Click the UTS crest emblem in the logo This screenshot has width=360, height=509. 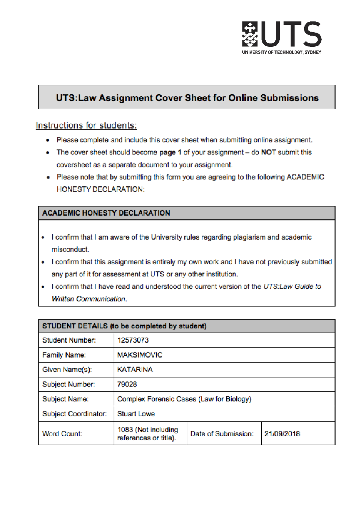coord(250,34)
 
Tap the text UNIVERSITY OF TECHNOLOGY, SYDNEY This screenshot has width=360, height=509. coord(281,52)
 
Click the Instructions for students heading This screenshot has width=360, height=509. coord(86,125)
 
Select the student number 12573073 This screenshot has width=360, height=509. coord(133,340)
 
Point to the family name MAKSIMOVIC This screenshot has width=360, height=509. coord(140,355)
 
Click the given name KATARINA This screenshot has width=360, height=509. coord(135,369)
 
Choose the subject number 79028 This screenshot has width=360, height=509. coord(127,384)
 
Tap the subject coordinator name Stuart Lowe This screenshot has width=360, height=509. coord(136,414)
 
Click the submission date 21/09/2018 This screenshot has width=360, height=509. coord(282,434)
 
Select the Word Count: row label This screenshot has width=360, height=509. coord(62,434)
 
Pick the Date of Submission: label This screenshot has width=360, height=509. coord(222,434)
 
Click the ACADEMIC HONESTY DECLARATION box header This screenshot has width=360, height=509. coord(106,213)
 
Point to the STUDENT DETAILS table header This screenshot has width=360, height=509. coord(124,326)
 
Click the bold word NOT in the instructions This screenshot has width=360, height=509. coord(268,152)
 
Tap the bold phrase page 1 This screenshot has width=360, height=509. coord(170,152)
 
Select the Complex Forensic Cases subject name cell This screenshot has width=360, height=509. coord(184,399)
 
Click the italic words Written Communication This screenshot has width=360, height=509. coord(89,299)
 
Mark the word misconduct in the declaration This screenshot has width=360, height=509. coord(70,249)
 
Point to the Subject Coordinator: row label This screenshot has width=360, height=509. coord(74,414)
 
